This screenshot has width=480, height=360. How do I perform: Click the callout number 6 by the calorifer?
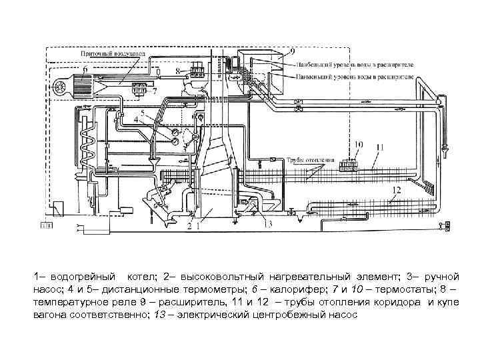pyautogui.click(x=85, y=69)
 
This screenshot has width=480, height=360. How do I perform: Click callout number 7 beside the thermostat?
pyautogui.click(x=155, y=91)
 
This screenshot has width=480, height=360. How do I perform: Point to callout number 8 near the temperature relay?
pyautogui.click(x=177, y=69)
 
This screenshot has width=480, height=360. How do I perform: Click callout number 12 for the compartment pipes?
pyautogui.click(x=395, y=189)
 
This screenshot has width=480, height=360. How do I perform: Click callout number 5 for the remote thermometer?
pyautogui.click(x=142, y=112)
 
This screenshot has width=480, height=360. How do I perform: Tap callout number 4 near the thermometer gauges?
pyautogui.click(x=137, y=121)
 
